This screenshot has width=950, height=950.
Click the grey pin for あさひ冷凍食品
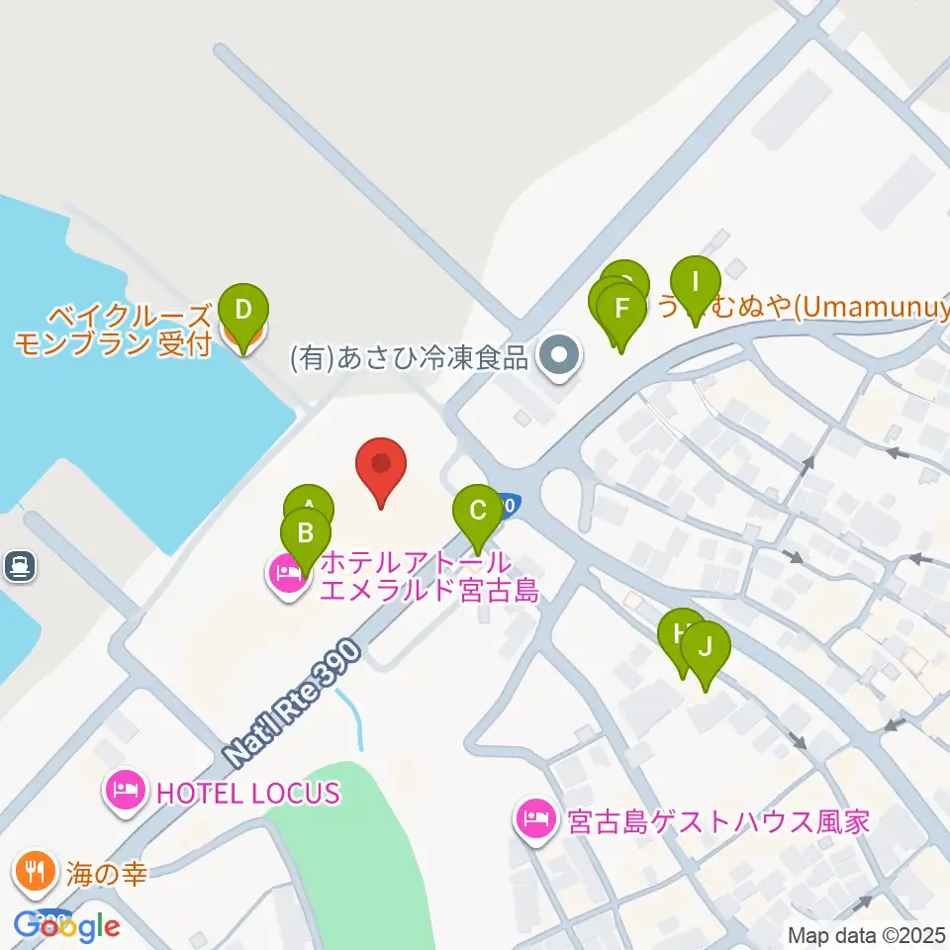coord(559,357)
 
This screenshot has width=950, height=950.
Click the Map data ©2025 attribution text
coord(867,935)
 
